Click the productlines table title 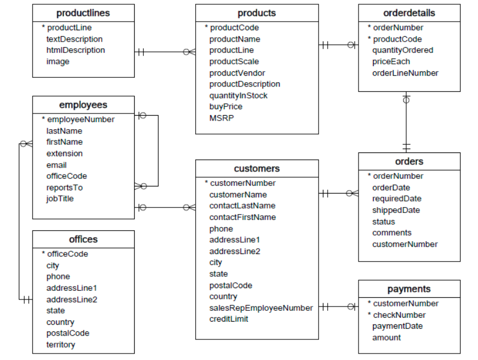pos(83,13)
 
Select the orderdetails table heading pos(409,13)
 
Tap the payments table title pos(409,289)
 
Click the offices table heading pos(83,239)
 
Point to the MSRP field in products pos(222,118)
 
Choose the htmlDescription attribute pos(76,50)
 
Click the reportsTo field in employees pos(64,188)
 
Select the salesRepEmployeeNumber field pos(261,308)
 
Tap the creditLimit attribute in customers pos(229,319)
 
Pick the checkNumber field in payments pos(399,315)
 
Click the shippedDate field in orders pos(396,210)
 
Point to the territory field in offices pos(61,345)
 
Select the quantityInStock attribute pos(238,96)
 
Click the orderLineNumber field pos(405,73)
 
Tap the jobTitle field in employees pos(60,199)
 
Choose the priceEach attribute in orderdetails pos(391,62)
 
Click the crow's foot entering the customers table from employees pos(189,207)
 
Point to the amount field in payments pos(387,338)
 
